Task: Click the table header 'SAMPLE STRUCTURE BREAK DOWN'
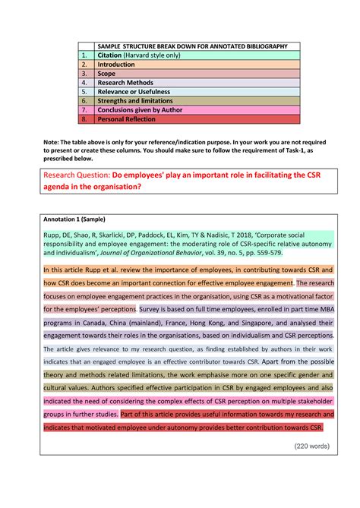192,46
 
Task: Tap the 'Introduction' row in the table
115,65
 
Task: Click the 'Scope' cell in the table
106,74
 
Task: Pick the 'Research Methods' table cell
125,83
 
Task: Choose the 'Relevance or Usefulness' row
134,92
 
